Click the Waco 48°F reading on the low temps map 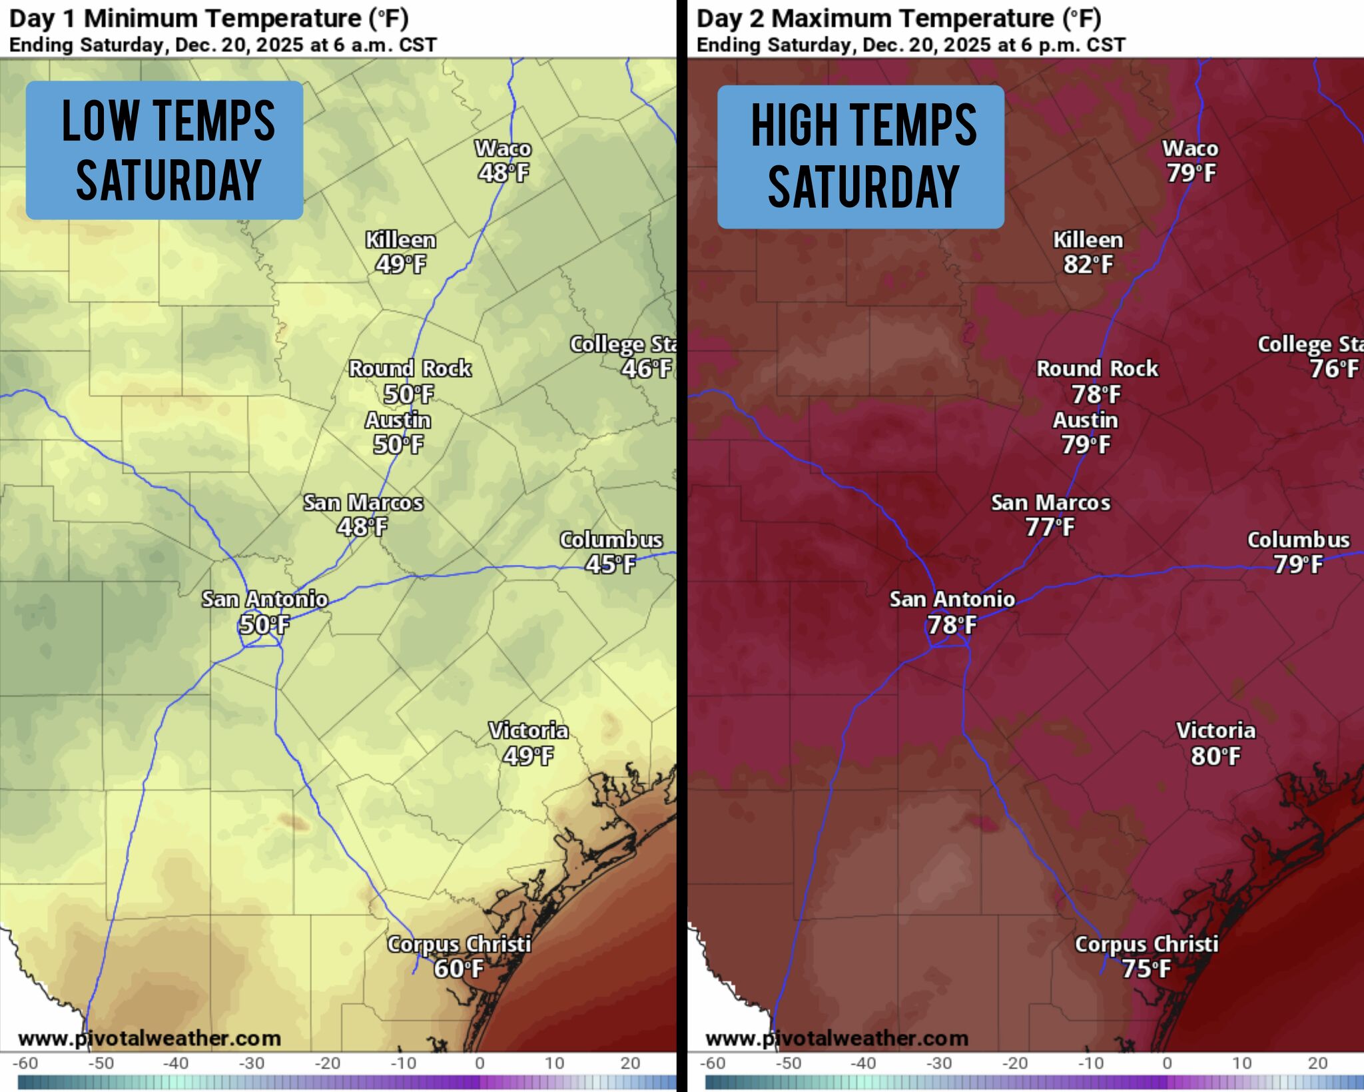(504, 173)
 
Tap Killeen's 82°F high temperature (1088, 265)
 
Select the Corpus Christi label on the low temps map (459, 944)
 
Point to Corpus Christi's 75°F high (1146, 969)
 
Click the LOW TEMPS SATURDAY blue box (165, 150)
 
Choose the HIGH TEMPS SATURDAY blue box (860, 157)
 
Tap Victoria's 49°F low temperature (528, 756)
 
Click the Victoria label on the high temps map (1215, 731)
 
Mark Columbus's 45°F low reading (611, 565)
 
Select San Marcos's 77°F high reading (1050, 528)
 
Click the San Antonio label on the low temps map (264, 600)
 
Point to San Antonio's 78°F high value (952, 625)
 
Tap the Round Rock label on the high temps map (1097, 368)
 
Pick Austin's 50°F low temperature (398, 445)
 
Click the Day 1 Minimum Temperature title (208, 19)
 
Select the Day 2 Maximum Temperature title (898, 19)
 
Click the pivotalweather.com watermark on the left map (149, 1038)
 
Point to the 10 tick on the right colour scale (1241, 1063)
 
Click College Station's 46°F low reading (646, 368)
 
